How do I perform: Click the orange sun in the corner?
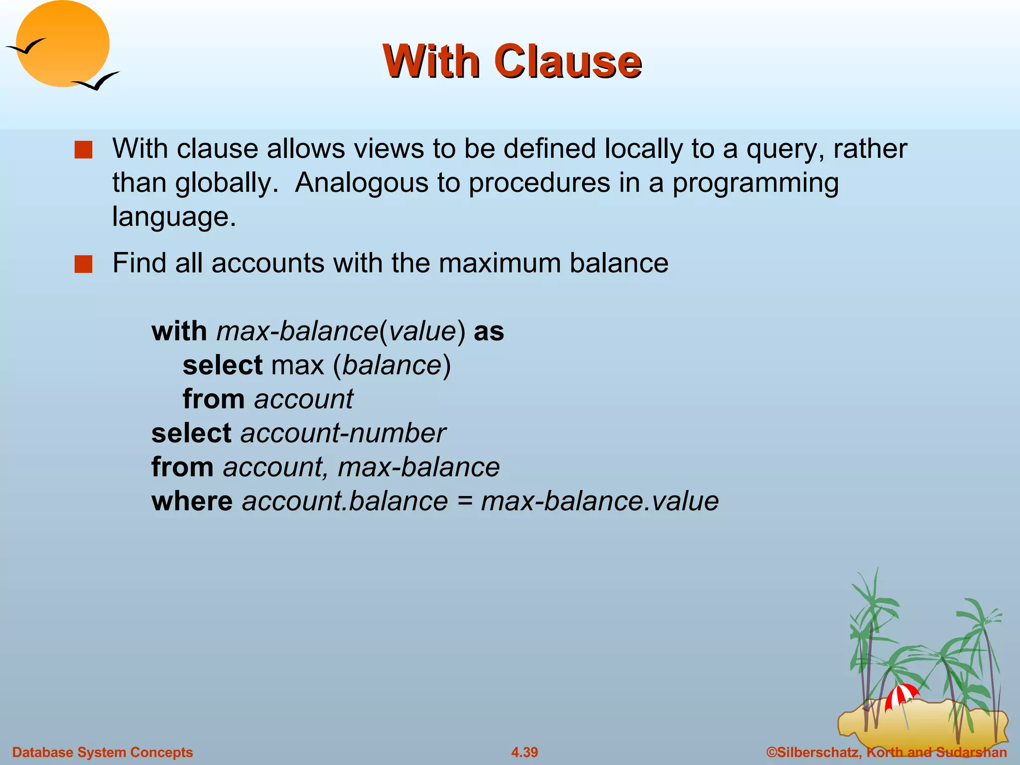62,44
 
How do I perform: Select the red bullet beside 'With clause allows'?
83,150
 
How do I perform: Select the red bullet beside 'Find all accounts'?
83,264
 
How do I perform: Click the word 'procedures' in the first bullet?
539,183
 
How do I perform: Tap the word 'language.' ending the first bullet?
174,217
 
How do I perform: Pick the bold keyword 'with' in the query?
179,331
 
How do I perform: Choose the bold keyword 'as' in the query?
489,331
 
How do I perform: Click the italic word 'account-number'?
343,433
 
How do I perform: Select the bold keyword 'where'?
192,501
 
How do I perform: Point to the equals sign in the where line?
464,501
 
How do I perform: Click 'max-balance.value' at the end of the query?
600,501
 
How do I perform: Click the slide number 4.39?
524,752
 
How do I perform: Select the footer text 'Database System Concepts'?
102,752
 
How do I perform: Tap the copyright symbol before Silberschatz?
771,752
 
